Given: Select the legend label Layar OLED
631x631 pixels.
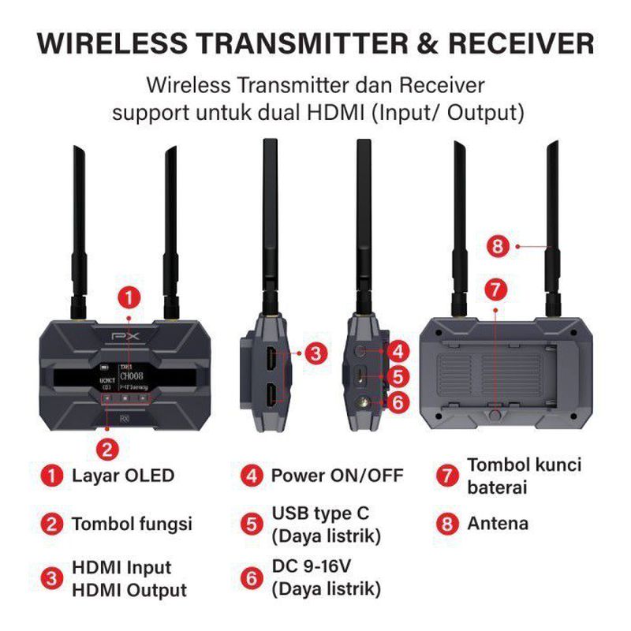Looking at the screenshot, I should click(122, 476).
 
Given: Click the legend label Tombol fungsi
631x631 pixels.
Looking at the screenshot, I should click(132, 524).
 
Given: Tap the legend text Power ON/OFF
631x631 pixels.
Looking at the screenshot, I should click(337, 476).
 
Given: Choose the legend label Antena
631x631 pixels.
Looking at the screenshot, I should click(498, 523).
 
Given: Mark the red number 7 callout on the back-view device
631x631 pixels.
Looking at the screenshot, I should click(495, 289).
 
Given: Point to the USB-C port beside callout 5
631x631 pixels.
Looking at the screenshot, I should click(361, 375).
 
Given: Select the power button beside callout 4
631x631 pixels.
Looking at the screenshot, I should click(363, 348).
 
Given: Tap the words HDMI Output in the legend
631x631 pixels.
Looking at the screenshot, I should click(129, 590).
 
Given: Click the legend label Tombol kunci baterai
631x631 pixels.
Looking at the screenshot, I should click(524, 476).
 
